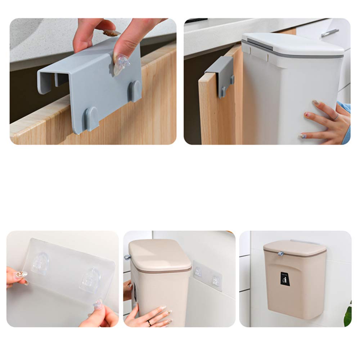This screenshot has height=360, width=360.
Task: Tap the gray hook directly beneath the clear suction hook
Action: tap(135, 90)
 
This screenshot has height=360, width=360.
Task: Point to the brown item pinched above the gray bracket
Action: tap(111, 33)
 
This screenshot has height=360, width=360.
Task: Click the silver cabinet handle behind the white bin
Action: tap(330, 33)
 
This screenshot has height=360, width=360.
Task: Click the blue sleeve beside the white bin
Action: tap(345, 122)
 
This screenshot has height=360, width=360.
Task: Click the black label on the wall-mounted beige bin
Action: tap(285, 279)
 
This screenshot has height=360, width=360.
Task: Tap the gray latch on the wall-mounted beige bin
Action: tap(280, 254)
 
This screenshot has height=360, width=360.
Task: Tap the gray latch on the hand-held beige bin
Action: tap(127, 257)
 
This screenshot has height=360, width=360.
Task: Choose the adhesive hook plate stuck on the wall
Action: tap(207, 276)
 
